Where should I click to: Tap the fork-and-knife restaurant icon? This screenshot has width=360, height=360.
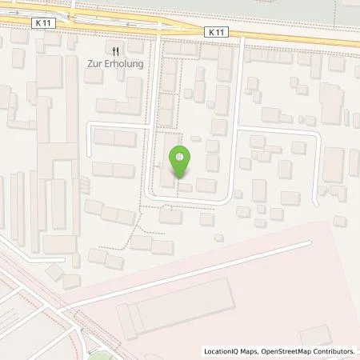pyautogui.click(x=117, y=50)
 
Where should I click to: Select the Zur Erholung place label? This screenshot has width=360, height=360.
pyautogui.click(x=117, y=64)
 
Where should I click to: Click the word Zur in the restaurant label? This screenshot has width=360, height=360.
pyautogui.click(x=94, y=64)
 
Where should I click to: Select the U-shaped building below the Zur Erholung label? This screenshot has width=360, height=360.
pyautogui.click(x=117, y=105)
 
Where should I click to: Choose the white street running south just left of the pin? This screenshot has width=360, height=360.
pyautogui.click(x=151, y=160)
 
